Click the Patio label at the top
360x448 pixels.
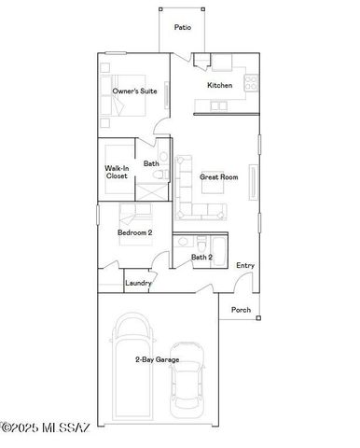click(184, 27)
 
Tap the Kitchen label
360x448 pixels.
click(219, 85)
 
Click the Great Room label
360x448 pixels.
click(219, 175)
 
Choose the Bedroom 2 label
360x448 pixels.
click(134, 232)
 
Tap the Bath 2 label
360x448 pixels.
click(202, 257)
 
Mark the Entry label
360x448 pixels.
click(245, 265)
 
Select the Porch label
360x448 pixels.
click(241, 310)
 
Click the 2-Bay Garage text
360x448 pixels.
click(157, 359)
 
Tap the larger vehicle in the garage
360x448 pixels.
click(132, 359)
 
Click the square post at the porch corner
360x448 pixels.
click(258, 318)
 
